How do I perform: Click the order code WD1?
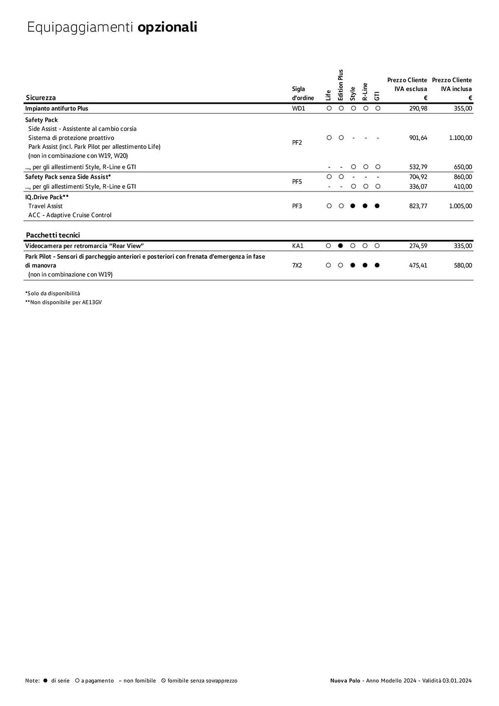(x=298, y=108)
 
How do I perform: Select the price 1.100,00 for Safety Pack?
(x=460, y=138)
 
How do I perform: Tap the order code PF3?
(x=297, y=206)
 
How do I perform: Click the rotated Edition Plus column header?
(x=341, y=85)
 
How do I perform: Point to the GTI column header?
(x=377, y=96)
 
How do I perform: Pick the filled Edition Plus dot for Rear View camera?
(x=340, y=246)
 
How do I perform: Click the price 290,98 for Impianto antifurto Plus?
(x=418, y=108)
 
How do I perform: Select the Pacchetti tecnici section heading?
(x=53, y=235)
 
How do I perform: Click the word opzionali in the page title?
(x=167, y=27)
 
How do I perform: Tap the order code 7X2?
(x=297, y=265)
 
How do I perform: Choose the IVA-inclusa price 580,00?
(x=463, y=265)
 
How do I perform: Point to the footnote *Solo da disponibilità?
(x=53, y=293)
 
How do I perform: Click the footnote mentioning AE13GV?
(x=64, y=303)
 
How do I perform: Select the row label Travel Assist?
(x=46, y=206)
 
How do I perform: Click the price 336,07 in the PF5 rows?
(x=418, y=186)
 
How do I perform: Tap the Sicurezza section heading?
(x=41, y=98)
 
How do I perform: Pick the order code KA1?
(x=298, y=246)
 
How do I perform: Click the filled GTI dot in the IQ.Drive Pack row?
(x=377, y=206)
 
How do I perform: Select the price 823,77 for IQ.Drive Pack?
(x=418, y=206)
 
